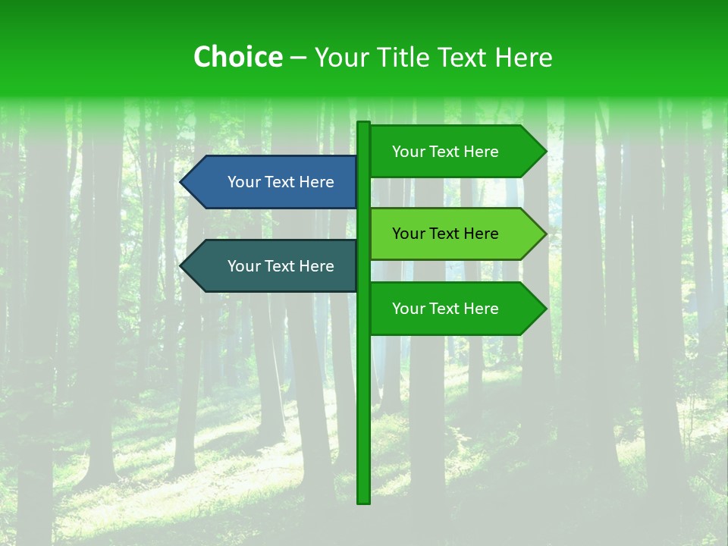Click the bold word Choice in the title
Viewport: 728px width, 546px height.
(237, 57)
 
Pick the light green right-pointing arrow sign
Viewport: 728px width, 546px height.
(455, 234)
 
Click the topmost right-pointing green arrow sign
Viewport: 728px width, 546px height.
(455, 152)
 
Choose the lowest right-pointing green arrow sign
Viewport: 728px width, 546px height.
(455, 309)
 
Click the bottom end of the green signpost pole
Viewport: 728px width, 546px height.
(364, 500)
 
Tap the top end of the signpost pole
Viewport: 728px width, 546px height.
(364, 124)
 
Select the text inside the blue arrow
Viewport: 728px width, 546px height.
(281, 182)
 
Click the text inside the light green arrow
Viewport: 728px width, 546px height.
(445, 234)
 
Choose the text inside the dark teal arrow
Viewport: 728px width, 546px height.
(281, 266)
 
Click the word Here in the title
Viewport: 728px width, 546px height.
(523, 57)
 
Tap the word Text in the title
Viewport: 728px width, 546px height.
(460, 57)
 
